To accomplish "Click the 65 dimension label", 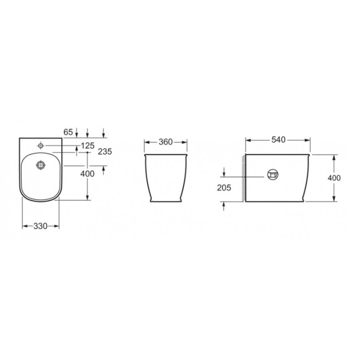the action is pyautogui.click(x=68, y=132).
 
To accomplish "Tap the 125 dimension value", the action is pyautogui.click(x=88, y=146).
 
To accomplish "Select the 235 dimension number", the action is pyautogui.click(x=105, y=152).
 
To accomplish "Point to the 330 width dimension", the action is pyautogui.click(x=40, y=226).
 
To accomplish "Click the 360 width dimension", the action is pyautogui.click(x=166, y=142).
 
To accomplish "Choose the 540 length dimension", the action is pyautogui.click(x=278, y=140).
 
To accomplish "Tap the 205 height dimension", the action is pyautogui.click(x=224, y=188).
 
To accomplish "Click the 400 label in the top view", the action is pyautogui.click(x=87, y=174).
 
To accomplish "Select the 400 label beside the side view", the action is pyautogui.click(x=334, y=178).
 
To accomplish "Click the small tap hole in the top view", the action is pyautogui.click(x=41, y=146).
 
